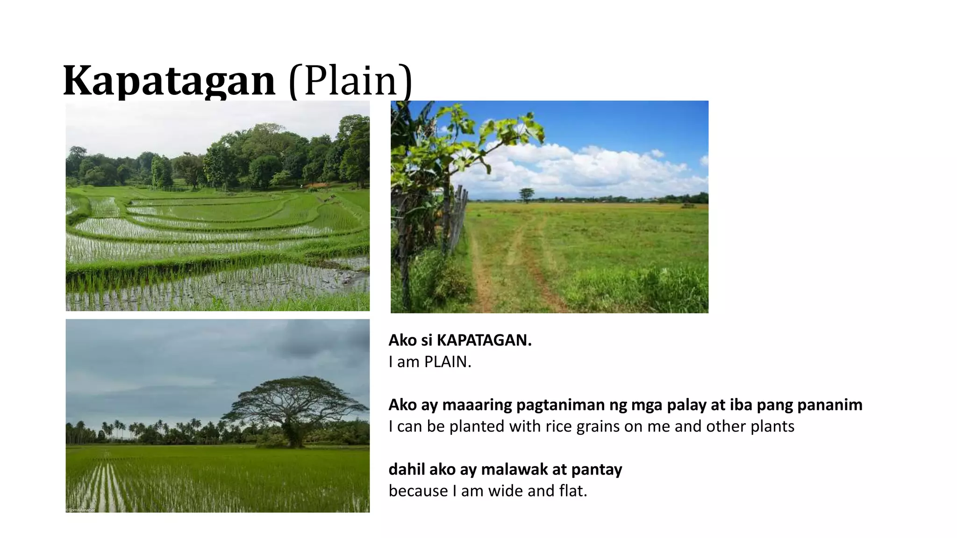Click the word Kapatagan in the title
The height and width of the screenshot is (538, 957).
point(169,80)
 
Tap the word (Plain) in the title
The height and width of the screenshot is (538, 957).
point(350,80)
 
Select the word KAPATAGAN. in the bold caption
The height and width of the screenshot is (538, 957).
point(484,340)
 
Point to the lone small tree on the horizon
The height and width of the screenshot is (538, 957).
point(527,194)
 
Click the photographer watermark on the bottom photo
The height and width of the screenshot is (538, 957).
point(80,510)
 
